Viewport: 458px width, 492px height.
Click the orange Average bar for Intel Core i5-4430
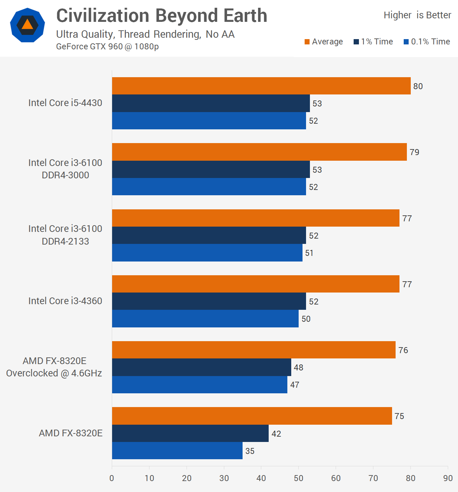tap(261, 86)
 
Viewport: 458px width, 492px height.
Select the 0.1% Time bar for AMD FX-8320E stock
tap(177, 451)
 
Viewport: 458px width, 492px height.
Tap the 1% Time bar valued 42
tap(190, 433)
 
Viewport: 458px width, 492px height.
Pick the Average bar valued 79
tap(259, 152)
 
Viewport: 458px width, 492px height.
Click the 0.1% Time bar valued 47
tap(200, 385)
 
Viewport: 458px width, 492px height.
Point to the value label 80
tap(418, 86)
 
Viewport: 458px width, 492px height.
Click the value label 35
tap(250, 451)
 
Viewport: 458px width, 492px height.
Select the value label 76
tap(403, 350)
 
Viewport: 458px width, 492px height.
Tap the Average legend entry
tap(324, 42)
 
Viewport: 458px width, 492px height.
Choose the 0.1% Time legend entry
tap(427, 42)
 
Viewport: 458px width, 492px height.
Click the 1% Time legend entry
tap(373, 42)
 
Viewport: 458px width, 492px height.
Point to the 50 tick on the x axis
tap(299, 478)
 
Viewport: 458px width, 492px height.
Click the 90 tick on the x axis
tap(448, 478)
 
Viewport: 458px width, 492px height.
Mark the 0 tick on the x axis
tap(112, 478)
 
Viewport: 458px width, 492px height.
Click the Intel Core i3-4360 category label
tap(65, 301)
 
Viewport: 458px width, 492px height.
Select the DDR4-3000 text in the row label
tap(65, 175)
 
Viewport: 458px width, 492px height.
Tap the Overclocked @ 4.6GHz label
tap(54, 373)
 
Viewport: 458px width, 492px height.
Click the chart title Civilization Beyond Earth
tap(161, 16)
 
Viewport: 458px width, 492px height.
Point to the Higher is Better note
tap(417, 15)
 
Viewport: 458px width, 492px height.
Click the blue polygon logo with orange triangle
tap(28, 25)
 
